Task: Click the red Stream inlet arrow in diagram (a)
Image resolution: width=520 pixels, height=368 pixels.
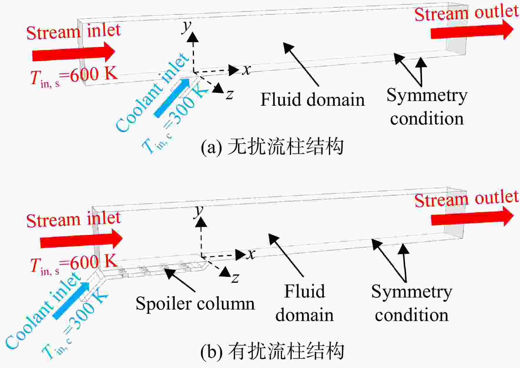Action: [73, 52]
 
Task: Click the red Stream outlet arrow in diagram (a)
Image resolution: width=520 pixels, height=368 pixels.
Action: [472, 30]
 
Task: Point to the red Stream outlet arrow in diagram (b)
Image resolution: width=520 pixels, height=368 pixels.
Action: [472, 216]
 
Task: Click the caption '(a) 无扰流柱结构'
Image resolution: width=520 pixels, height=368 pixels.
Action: [272, 147]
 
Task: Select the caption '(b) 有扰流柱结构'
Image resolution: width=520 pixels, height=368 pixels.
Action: [272, 351]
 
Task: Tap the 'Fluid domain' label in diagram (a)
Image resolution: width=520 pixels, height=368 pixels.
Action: [313, 99]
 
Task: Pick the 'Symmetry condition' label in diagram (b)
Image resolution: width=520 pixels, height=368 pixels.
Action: [412, 303]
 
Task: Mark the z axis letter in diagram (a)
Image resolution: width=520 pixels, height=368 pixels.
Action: [229, 95]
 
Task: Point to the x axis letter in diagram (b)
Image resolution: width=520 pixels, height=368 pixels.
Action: [251, 254]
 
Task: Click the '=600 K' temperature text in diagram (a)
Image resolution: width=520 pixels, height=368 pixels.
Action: [93, 74]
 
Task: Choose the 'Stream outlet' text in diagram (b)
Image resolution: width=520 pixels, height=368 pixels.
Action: [467, 199]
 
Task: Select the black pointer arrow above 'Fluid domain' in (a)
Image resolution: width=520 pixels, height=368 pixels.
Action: [301, 64]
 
